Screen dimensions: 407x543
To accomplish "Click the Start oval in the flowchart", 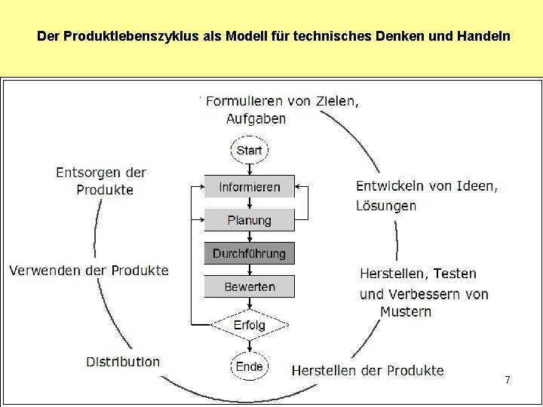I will point(249,150).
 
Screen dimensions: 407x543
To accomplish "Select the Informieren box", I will point(249,187).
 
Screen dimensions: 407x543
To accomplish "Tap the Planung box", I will point(249,220).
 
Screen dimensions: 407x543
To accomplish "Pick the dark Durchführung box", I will point(249,253).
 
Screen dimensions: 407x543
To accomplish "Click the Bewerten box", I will point(249,286).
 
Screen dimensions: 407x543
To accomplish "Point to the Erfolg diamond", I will point(249,325).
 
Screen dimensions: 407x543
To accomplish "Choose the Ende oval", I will point(249,366).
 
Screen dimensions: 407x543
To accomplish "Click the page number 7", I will point(508,381).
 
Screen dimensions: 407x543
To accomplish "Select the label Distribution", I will point(123,362).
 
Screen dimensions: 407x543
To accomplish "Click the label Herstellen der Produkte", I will point(367,370).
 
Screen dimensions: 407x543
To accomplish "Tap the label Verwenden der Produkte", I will point(89,270).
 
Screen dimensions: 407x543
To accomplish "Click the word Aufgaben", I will point(256,118).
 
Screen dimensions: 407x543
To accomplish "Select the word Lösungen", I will point(385,205).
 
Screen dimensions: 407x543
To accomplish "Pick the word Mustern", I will point(406,311).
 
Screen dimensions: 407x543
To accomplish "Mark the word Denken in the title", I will point(406,35).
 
